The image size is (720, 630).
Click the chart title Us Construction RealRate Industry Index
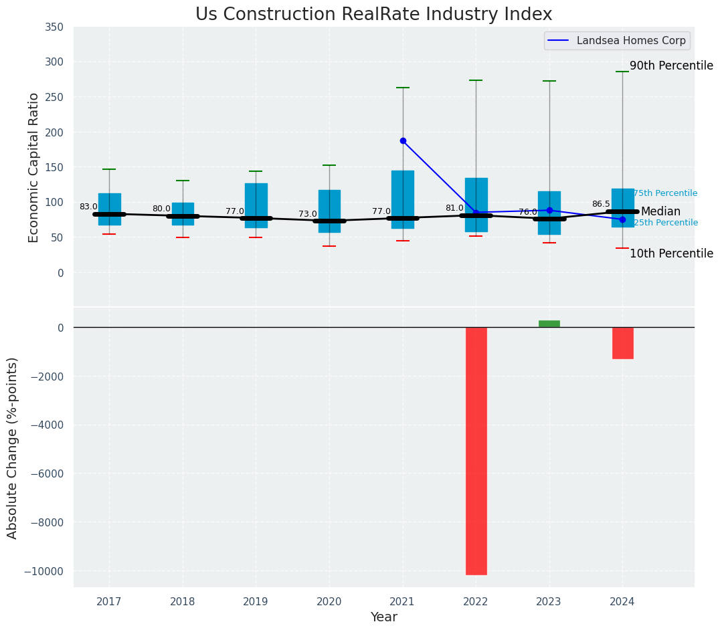pyautogui.click(x=373, y=15)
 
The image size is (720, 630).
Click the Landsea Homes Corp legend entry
pyautogui.click(x=616, y=41)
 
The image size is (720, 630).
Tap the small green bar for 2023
pyautogui.click(x=549, y=324)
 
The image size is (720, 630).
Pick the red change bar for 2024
pyautogui.click(x=622, y=342)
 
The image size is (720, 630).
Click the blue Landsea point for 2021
pyautogui.click(x=403, y=140)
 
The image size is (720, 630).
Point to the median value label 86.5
pyautogui.click(x=601, y=204)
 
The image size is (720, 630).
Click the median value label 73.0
pyautogui.click(x=308, y=214)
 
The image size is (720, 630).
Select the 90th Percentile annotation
pyautogui.click(x=671, y=66)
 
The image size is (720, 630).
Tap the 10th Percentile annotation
pyautogui.click(x=671, y=253)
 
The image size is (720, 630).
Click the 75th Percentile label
pyautogui.click(x=665, y=193)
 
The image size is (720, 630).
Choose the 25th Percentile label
pyautogui.click(x=665, y=223)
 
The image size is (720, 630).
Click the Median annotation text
pyautogui.click(x=660, y=211)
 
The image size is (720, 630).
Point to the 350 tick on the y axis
pyautogui.click(x=54, y=27)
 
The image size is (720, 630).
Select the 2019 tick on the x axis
pyautogui.click(x=256, y=601)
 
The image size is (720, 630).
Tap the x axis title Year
pyautogui.click(x=384, y=617)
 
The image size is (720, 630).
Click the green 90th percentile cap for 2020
pyautogui.click(x=329, y=165)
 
